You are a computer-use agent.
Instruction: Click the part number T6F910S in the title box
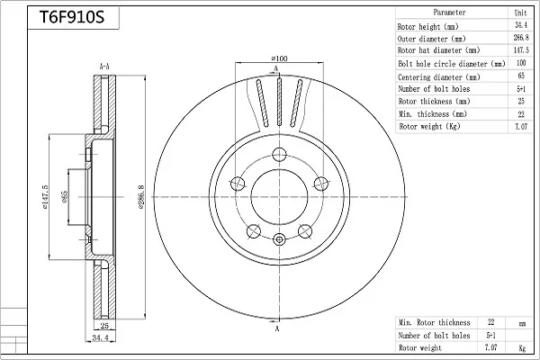[x=72, y=17]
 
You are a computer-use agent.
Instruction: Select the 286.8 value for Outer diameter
[x=521, y=38]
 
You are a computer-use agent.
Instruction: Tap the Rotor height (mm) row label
[x=427, y=26]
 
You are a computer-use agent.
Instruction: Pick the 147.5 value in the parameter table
[x=521, y=50]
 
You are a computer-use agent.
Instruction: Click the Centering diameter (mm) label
[x=439, y=76]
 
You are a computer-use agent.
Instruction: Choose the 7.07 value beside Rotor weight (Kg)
[x=521, y=126]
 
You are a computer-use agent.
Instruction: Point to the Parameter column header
[x=449, y=13]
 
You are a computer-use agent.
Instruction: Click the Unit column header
[x=520, y=13]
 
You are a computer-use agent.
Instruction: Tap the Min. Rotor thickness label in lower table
[x=435, y=322]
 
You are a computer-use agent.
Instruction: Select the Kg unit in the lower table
[x=522, y=348]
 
